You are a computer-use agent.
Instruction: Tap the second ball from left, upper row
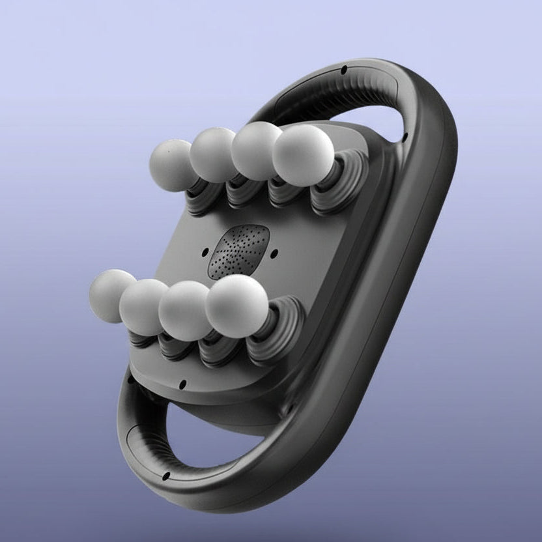click(x=212, y=155)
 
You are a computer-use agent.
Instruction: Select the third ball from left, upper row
click(x=255, y=150)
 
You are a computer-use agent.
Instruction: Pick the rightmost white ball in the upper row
click(x=303, y=154)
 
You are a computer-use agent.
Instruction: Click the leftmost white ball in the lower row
click(x=112, y=296)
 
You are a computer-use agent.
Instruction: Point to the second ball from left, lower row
click(x=144, y=306)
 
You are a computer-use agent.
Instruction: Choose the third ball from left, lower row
click(x=185, y=310)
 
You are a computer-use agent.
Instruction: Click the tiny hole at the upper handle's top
click(x=343, y=68)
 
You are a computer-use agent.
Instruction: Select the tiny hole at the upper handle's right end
click(x=405, y=137)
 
